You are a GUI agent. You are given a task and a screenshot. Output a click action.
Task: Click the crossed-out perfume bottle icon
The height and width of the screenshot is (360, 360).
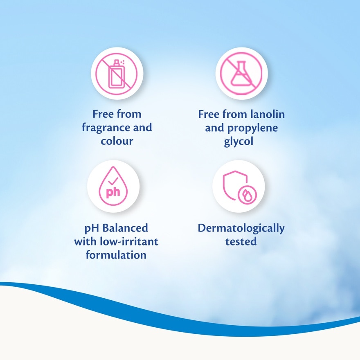coord(117,74)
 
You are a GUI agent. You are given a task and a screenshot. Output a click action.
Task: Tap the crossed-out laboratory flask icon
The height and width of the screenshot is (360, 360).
coord(241,74)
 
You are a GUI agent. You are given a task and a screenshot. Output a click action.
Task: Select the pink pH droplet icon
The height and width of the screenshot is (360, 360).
coord(113,186)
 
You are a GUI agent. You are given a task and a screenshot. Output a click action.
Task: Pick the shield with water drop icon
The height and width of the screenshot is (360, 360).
coord(240,187)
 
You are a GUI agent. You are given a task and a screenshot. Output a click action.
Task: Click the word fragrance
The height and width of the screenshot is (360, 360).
coord(107,128)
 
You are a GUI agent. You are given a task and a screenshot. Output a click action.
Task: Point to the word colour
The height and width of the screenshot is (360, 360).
coord(117,141)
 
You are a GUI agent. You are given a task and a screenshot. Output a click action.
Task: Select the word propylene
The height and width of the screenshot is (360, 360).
coord(252,128)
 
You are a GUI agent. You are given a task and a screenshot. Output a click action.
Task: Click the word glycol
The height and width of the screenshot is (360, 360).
coord(239,142)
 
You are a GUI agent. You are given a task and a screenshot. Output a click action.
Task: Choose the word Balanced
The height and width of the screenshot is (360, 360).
coord(125,228)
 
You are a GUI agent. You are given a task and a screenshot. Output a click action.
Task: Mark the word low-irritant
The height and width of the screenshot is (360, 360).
coord(129,241)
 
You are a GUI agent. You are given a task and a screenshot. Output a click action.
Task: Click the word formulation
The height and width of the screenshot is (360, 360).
coord(116,255)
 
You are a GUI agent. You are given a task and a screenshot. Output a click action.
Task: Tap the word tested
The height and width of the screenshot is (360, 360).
coord(241,241)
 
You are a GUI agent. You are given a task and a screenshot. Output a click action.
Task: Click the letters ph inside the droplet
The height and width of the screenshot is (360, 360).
coord(113,192)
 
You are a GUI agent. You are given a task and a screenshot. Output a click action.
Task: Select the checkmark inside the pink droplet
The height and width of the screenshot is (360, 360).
coord(113,181)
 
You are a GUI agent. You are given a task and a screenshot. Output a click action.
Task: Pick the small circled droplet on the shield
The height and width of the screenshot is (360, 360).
coord(248,195)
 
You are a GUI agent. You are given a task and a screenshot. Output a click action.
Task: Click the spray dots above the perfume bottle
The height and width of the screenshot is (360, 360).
coord(122,62)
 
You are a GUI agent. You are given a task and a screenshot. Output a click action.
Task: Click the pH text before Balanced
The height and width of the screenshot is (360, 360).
coord(92,228)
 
